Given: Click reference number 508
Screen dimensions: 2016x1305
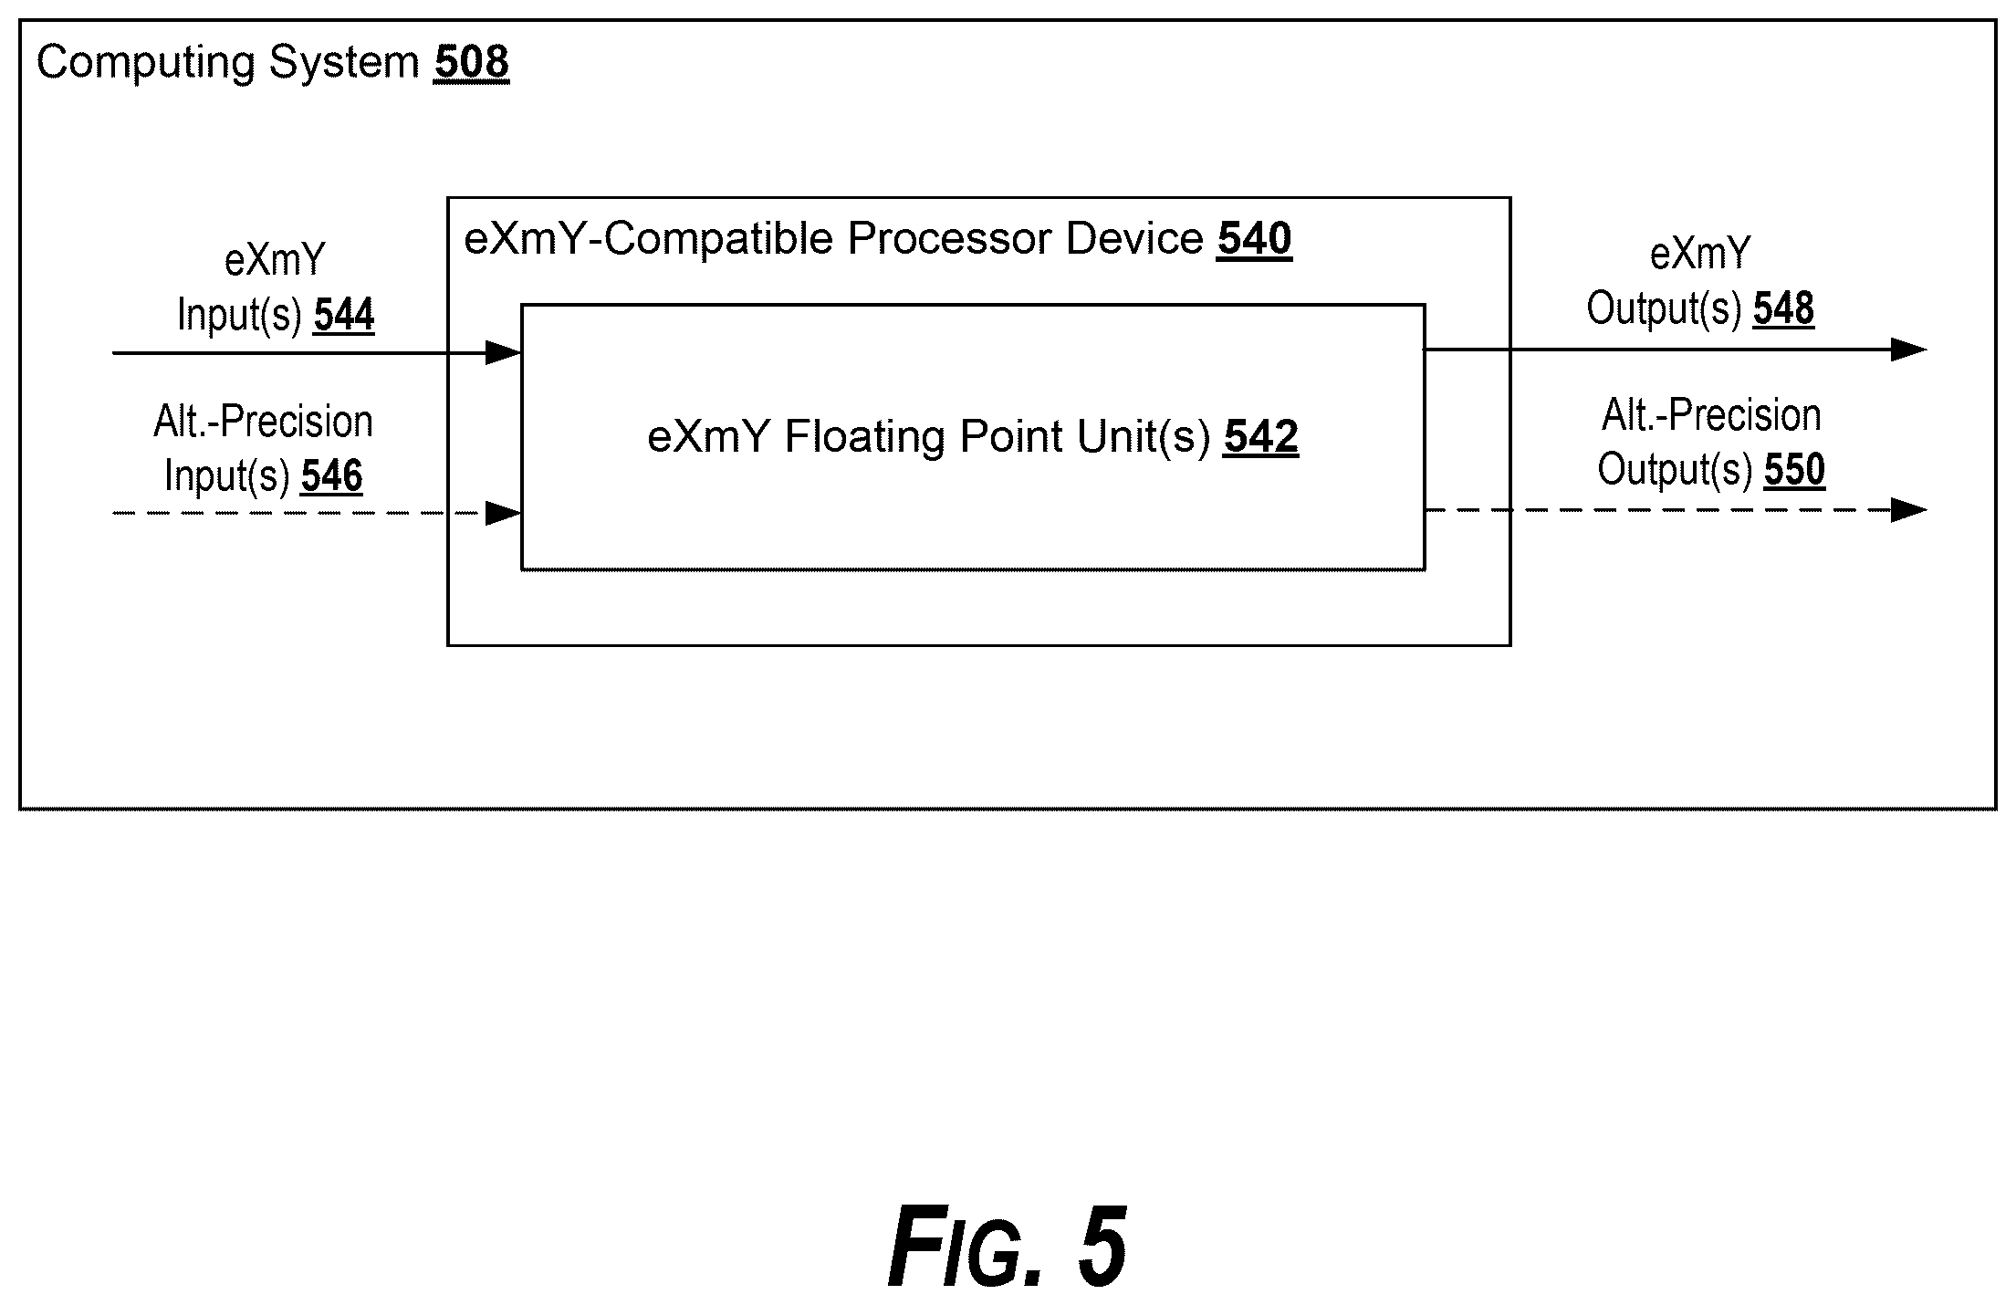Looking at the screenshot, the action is tap(472, 62).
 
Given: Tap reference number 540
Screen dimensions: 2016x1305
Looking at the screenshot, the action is tap(1254, 239).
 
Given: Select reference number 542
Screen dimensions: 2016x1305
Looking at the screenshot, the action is tap(1261, 436).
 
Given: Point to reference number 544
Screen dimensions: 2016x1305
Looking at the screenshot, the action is tap(344, 315).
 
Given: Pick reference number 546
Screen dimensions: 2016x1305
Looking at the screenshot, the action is tap(332, 475).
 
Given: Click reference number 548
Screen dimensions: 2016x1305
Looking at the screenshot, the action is tap(1783, 308).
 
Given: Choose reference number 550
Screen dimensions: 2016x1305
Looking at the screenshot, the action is tap(1794, 470).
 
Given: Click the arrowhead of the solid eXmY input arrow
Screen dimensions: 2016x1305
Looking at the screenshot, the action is tap(504, 352).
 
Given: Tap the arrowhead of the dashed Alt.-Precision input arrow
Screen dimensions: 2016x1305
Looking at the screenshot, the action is tap(504, 513).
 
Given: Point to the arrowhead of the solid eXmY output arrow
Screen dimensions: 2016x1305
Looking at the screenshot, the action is tap(1908, 350).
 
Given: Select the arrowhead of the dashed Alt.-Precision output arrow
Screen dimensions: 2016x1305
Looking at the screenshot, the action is tap(1908, 510).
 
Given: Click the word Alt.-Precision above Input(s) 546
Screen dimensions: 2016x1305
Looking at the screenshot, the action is tap(264, 422).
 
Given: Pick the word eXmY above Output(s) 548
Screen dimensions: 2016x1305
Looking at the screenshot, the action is tap(1700, 255).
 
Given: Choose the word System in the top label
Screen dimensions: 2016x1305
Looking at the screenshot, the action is tap(343, 64).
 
